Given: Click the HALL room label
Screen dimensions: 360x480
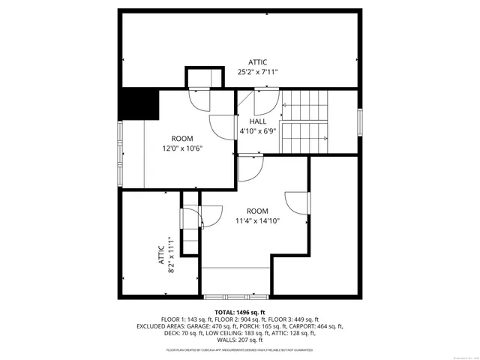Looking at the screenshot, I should click(x=258, y=121).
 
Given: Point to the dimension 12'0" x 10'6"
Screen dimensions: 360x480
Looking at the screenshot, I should click(x=182, y=148).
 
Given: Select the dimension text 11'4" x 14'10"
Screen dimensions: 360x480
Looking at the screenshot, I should click(x=257, y=220).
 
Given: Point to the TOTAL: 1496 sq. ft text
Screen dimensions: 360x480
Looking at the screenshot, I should click(x=240, y=312).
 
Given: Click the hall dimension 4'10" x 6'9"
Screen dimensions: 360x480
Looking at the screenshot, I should click(x=258, y=131).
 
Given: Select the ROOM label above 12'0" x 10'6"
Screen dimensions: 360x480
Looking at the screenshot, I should click(x=182, y=138).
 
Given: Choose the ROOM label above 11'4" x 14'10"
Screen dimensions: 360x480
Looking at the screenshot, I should click(x=257, y=211).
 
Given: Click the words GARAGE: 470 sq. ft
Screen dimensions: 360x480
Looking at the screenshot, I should click(x=219, y=326).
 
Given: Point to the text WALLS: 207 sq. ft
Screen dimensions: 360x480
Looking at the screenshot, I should click(x=240, y=340).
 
